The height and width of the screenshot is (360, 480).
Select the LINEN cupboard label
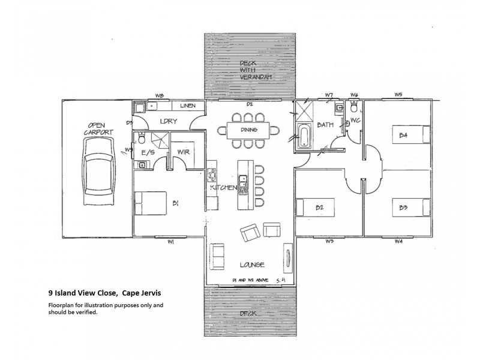(188, 106)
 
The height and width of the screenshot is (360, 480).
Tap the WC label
(354, 121)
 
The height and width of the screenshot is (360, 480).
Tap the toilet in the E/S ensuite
(142, 138)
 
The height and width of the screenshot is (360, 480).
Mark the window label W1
(170, 242)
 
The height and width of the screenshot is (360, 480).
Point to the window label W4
(398, 241)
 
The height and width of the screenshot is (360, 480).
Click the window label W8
(160, 95)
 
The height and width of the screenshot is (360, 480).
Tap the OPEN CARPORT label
(96, 128)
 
